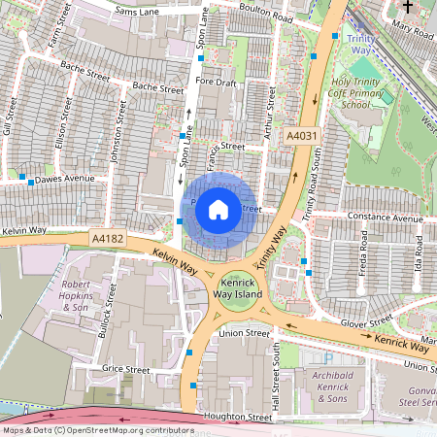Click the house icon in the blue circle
point(218,208)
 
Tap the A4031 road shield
point(302,139)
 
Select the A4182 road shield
point(108,236)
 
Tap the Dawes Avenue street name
point(66,180)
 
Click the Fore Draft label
point(216,83)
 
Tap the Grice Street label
point(126,370)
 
